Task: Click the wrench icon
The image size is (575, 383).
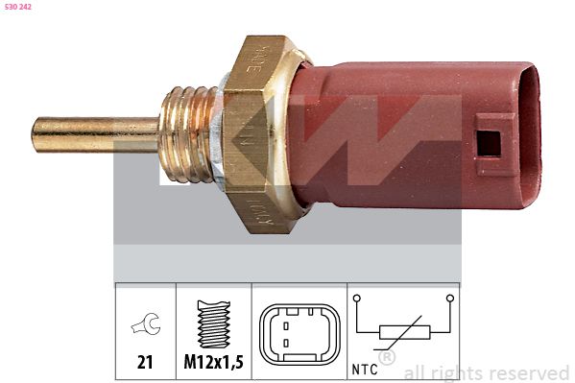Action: [145, 327]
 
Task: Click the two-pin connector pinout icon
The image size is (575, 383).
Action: [299, 335]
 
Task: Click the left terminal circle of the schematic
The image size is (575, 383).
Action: [357, 299]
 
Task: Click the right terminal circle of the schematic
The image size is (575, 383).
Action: [448, 299]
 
